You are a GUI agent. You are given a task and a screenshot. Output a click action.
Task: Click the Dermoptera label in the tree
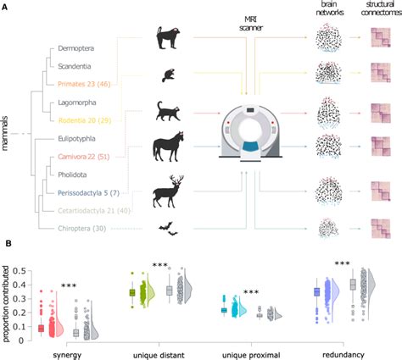pos(75,49)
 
